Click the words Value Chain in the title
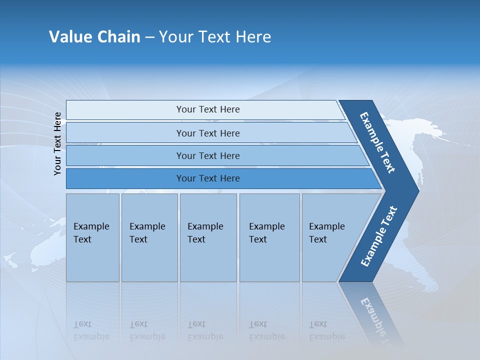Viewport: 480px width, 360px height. click(x=94, y=37)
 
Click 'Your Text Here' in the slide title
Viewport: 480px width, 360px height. click(x=215, y=37)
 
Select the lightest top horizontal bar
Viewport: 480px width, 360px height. click(x=208, y=109)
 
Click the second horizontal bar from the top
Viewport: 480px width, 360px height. click(x=208, y=133)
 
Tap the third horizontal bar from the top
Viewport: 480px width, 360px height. click(x=208, y=155)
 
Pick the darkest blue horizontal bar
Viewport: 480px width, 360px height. click(x=208, y=178)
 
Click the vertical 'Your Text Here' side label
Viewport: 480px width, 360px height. click(x=57, y=143)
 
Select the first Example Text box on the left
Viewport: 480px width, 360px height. click(x=92, y=237)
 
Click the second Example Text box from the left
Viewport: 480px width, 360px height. click(x=149, y=237)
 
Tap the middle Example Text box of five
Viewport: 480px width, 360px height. click(x=207, y=237)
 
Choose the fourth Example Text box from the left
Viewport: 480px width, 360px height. click(x=269, y=237)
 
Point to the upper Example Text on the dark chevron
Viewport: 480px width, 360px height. click(x=377, y=142)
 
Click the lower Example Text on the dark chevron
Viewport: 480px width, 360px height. click(x=379, y=236)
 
